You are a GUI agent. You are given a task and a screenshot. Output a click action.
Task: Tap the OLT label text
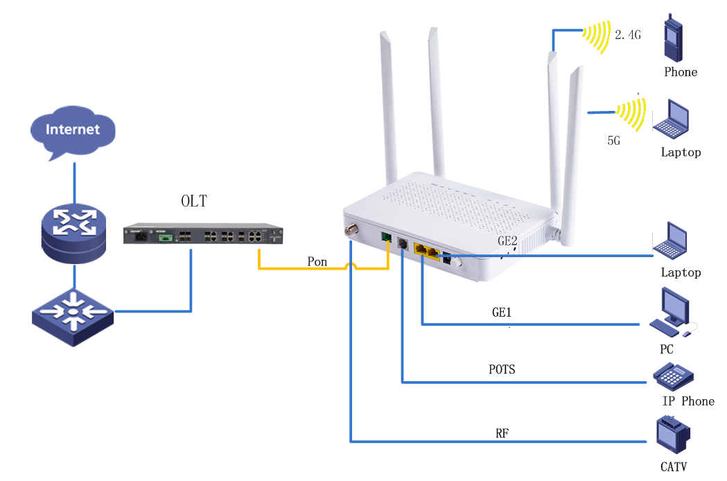click(x=193, y=202)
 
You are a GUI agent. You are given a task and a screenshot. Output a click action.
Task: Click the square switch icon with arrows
click(x=73, y=315)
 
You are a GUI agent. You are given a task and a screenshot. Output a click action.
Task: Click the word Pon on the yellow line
click(x=318, y=262)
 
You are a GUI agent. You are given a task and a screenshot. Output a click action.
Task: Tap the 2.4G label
click(x=628, y=34)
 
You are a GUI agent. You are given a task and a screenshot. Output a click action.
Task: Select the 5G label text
click(x=613, y=140)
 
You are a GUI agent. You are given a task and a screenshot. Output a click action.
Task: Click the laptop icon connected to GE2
click(x=671, y=240)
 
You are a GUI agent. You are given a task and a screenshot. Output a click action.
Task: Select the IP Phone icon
click(x=673, y=376)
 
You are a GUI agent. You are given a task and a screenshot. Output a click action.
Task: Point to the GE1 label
click(x=501, y=313)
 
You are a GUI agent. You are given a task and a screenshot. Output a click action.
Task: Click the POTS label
click(x=502, y=369)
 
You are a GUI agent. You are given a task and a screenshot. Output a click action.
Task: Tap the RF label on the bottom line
click(x=502, y=434)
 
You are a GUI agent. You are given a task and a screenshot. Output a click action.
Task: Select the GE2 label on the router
click(x=507, y=241)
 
